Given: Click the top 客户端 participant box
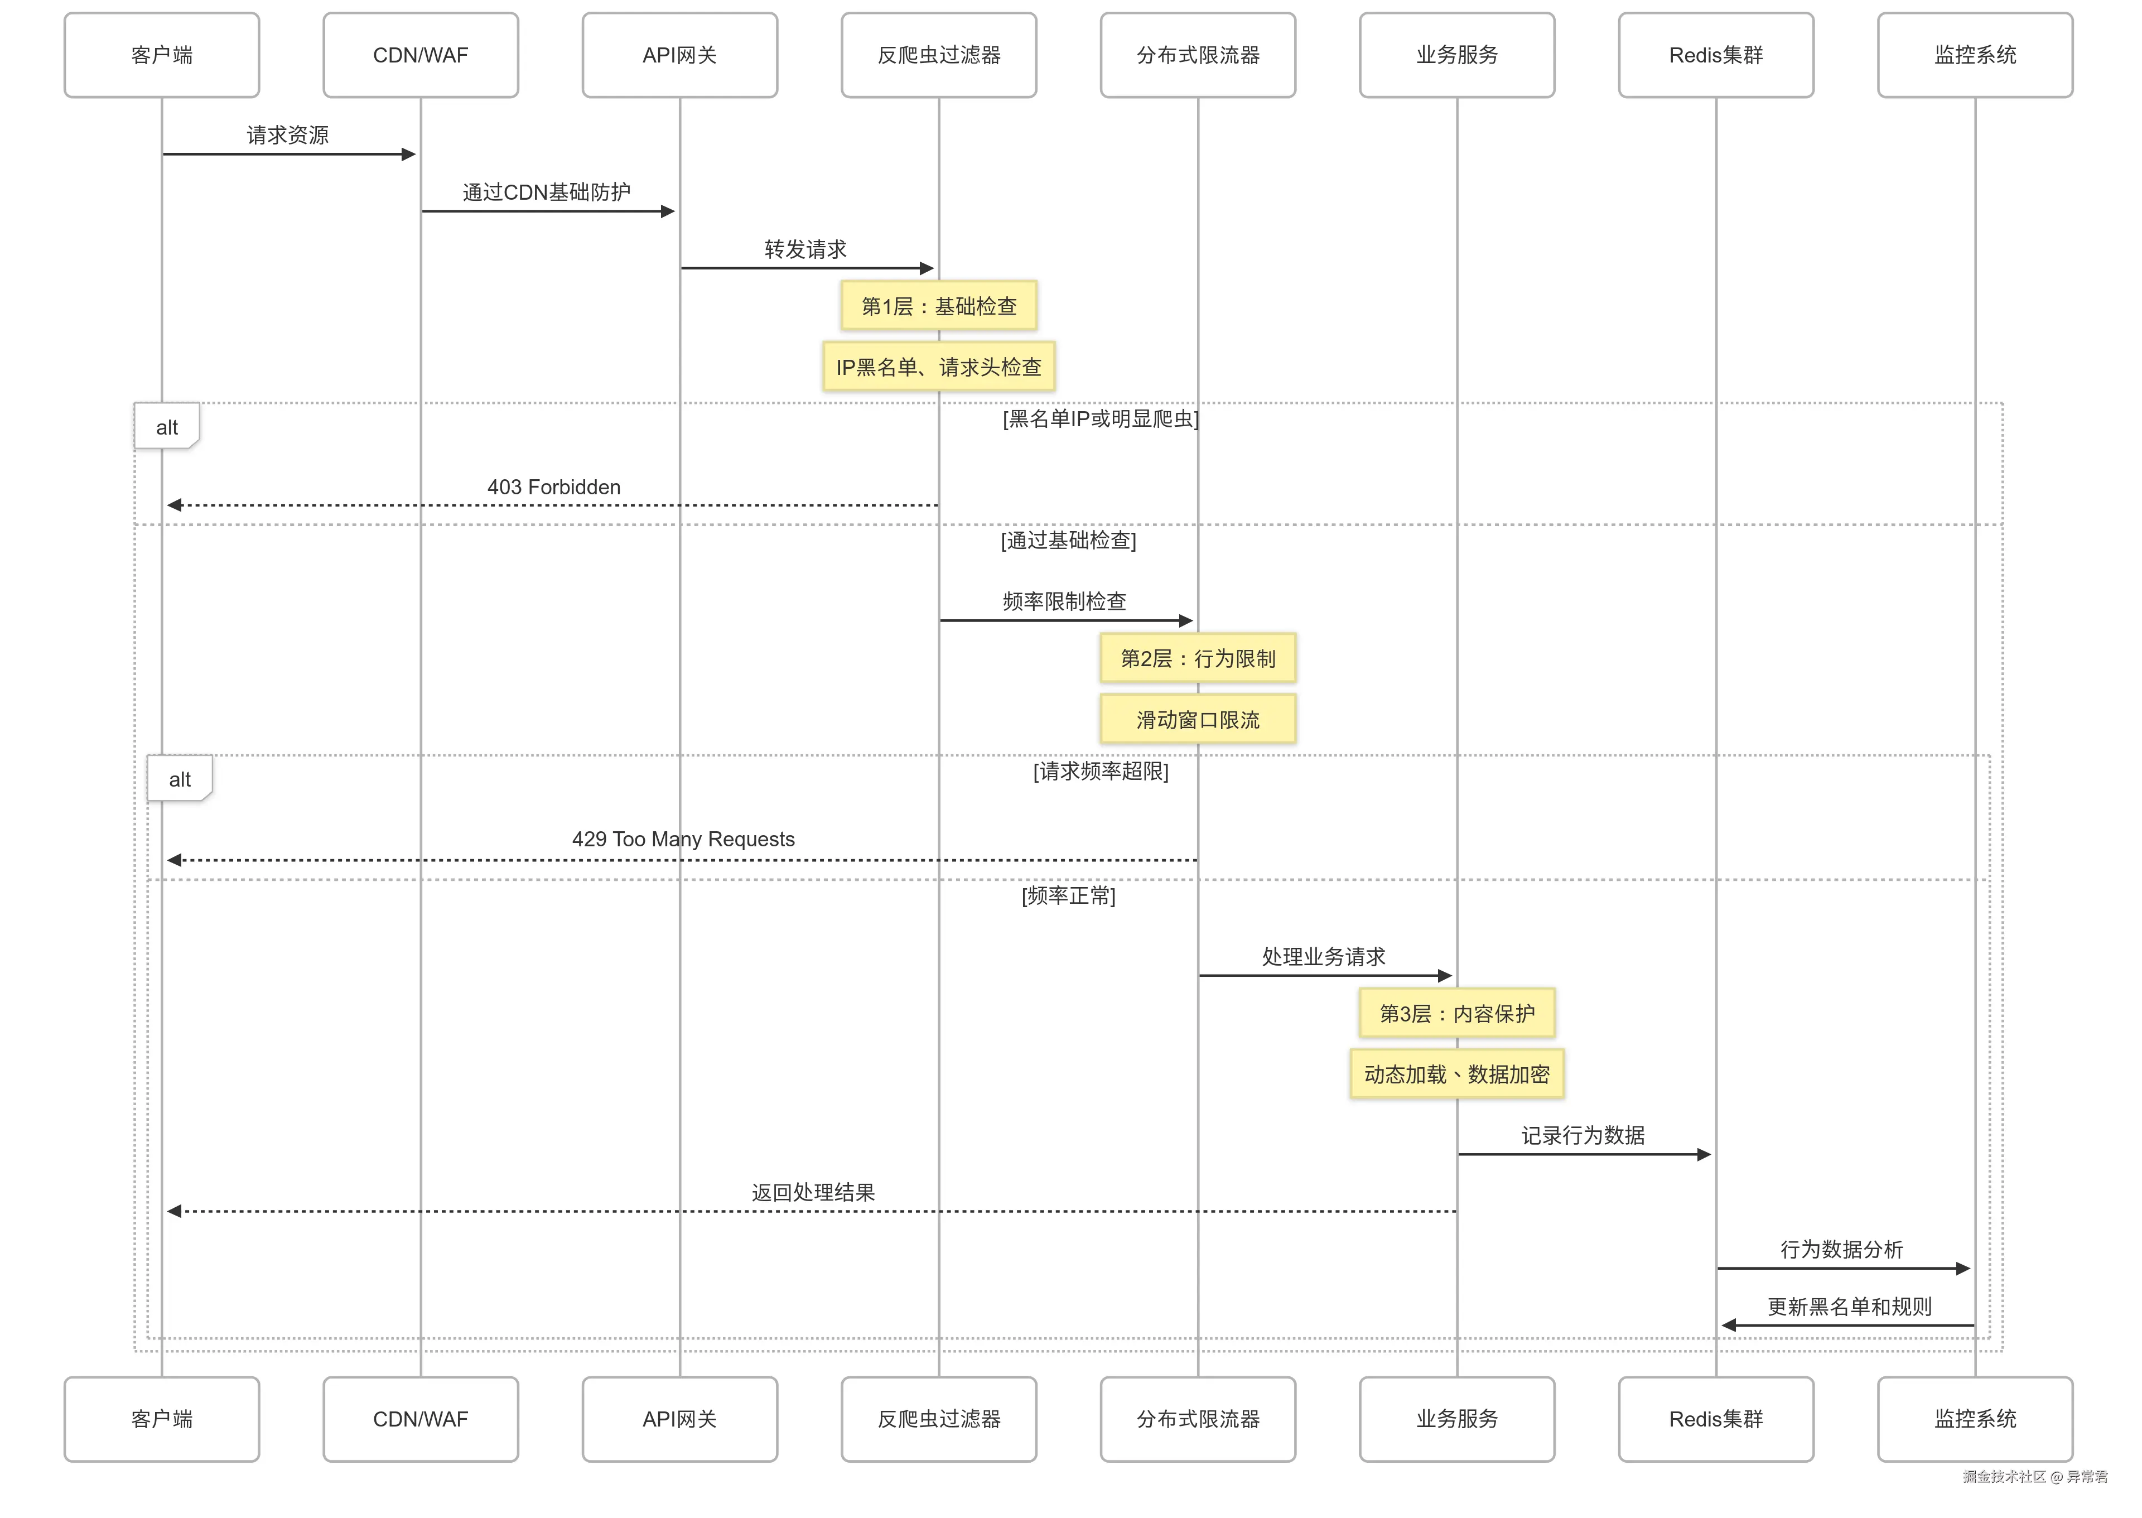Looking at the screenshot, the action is pyautogui.click(x=162, y=55).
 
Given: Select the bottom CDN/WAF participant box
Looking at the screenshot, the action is pyautogui.click(x=421, y=1418).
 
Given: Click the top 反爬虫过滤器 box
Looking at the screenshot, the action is pyautogui.click(x=938, y=55).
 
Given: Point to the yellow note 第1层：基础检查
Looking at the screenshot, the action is pyautogui.click(x=938, y=306).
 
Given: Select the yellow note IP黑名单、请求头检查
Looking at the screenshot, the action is pyautogui.click(x=938, y=367).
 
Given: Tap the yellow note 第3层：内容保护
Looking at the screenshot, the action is pyautogui.click(x=1456, y=1013).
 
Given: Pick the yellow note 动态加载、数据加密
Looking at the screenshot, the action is pyautogui.click(x=1456, y=1074).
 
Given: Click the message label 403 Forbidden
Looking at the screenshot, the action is pyautogui.click(x=553, y=487).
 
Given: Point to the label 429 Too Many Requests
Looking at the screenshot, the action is pyautogui.click(x=683, y=840).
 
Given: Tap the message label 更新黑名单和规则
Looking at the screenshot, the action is pyautogui.click(x=1849, y=1307).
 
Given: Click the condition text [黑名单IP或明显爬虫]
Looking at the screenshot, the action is pyautogui.click(x=1100, y=419).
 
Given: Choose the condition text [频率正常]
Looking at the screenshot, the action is pyautogui.click(x=1068, y=895).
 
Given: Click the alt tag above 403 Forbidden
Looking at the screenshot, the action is pyautogui.click(x=166, y=427).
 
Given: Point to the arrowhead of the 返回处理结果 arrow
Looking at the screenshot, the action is pyautogui.click(x=174, y=1211).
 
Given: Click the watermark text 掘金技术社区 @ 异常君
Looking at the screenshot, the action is pyautogui.click(x=2034, y=1477).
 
